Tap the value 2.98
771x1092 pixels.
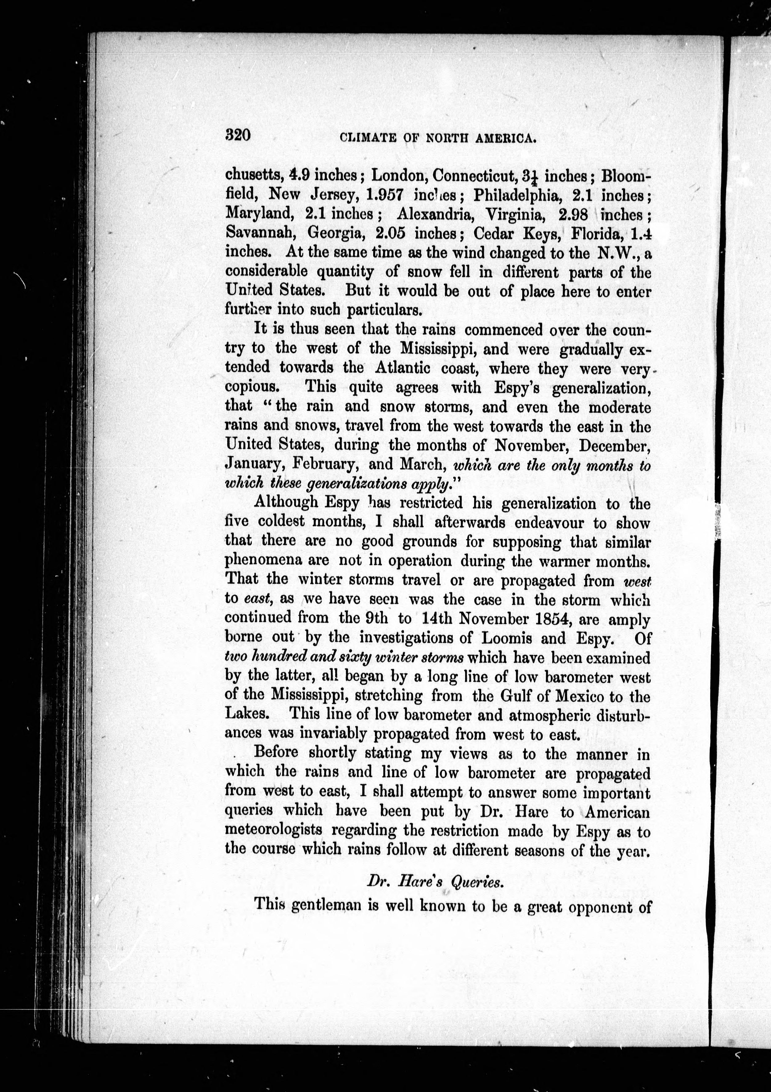pyautogui.click(x=573, y=214)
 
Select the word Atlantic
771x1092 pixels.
pyautogui.click(x=403, y=368)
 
